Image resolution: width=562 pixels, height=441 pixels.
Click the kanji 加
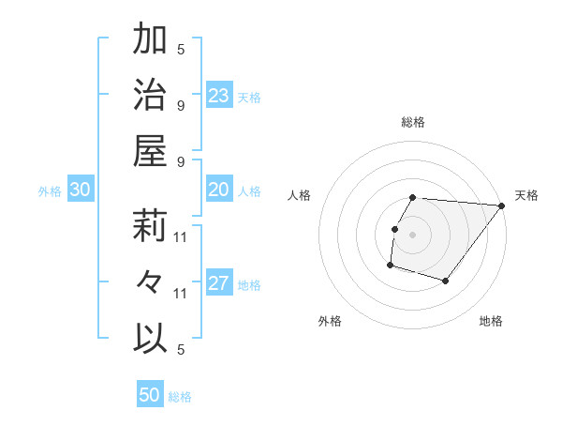click(x=151, y=40)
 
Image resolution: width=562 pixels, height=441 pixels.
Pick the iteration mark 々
click(x=151, y=282)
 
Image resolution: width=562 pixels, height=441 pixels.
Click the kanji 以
click(x=151, y=338)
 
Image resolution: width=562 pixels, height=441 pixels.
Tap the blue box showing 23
click(x=219, y=96)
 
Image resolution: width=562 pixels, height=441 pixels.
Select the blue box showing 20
click(x=219, y=190)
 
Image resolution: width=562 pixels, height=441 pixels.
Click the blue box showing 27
click(x=219, y=284)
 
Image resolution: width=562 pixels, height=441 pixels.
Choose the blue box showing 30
click(x=81, y=190)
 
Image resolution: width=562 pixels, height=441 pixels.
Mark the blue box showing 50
click(x=150, y=395)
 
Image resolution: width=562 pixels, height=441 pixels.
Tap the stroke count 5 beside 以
click(x=181, y=350)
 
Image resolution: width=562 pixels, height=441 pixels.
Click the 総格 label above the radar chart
click(x=413, y=122)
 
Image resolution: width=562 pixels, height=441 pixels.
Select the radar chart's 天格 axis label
click(x=526, y=195)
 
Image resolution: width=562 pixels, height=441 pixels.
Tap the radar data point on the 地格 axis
click(x=446, y=281)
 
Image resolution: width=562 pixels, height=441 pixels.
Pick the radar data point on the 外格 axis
click(x=390, y=266)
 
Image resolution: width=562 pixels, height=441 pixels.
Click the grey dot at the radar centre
click(x=413, y=235)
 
